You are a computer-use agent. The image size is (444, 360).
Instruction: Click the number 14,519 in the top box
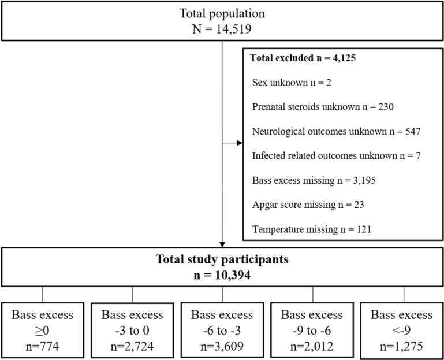pyautogui.click(x=234, y=29)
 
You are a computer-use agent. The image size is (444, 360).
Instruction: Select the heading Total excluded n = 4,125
pyautogui.click(x=303, y=58)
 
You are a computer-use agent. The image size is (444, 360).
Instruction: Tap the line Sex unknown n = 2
pyautogui.click(x=292, y=83)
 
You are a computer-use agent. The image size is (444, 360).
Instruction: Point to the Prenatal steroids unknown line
pyautogui.click(x=323, y=107)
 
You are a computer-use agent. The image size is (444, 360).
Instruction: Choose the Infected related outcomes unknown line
pyautogui.click(x=337, y=156)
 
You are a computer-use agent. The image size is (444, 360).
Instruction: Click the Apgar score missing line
pyautogui.click(x=308, y=205)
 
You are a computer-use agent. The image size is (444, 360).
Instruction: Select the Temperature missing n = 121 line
pyautogui.click(x=311, y=229)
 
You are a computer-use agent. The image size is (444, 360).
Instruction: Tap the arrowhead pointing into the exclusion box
pyautogui.click(x=240, y=143)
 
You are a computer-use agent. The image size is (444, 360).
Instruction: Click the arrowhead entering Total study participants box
pyautogui.click(x=222, y=244)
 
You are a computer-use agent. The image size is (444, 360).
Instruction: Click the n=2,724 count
pyautogui.click(x=132, y=346)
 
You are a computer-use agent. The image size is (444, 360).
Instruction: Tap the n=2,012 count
pyautogui.click(x=312, y=346)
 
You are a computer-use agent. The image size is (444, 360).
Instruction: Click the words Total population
pyautogui.click(x=222, y=13)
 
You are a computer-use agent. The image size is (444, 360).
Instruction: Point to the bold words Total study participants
pyautogui.click(x=222, y=259)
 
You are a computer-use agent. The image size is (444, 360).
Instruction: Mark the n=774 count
pyautogui.click(x=43, y=346)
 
